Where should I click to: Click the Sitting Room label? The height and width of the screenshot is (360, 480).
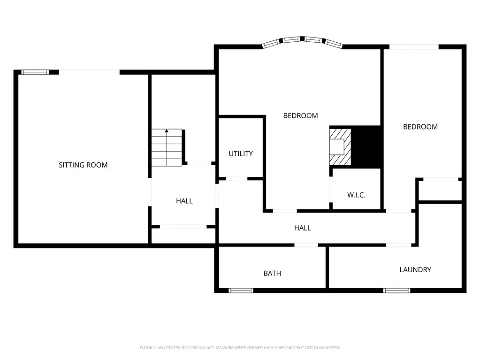point(83,165)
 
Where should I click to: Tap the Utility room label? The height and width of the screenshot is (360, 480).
point(241,153)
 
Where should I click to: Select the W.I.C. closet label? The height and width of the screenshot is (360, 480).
point(356,195)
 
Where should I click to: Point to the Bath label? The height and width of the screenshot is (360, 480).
point(272,273)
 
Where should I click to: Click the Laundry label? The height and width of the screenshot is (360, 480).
point(415,270)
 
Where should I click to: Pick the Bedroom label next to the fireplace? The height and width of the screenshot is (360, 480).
point(300,116)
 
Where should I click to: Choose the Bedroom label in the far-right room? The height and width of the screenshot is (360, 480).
point(420,127)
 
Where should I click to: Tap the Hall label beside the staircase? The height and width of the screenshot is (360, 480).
point(184,201)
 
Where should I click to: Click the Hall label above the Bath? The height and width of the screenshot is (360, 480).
point(303,228)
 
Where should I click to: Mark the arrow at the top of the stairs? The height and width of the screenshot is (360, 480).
point(167,131)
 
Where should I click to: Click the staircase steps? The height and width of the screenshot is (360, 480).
point(167,147)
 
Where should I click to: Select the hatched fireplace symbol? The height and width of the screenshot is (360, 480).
point(340,147)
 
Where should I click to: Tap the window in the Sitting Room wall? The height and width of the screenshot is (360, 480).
point(35,72)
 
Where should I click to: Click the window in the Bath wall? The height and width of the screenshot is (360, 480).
point(241,291)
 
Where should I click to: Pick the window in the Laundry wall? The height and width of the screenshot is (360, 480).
point(397,291)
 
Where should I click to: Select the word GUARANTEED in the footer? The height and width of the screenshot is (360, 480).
point(328,348)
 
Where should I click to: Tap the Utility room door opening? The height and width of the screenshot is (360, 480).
point(236,179)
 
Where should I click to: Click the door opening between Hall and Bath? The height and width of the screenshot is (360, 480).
point(306,245)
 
